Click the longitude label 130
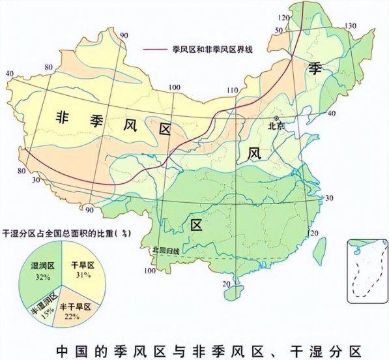[352, 25]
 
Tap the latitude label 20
[225, 284]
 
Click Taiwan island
[320, 247]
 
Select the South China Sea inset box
[366, 269]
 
